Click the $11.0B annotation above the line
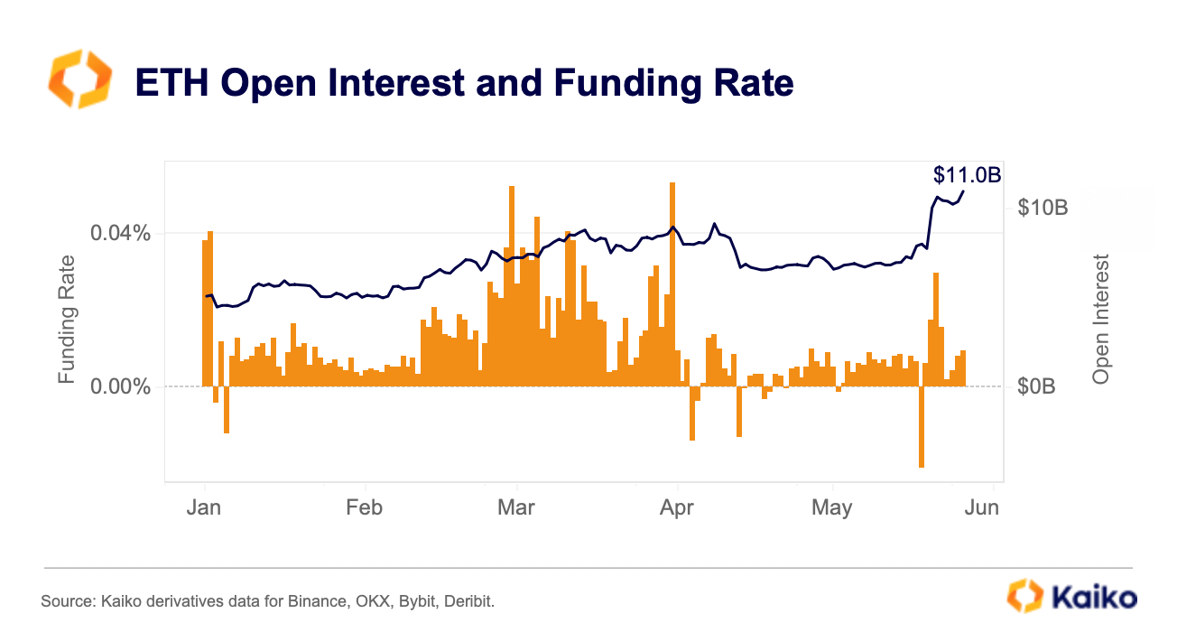967,175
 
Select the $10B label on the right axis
1043,208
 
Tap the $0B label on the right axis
1036,386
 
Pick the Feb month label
364,507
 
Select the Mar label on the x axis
515,507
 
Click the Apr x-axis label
676,507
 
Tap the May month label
831,507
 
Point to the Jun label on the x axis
981,507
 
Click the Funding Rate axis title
67,318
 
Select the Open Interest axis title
1100,318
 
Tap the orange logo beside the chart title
79,80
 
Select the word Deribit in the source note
472,600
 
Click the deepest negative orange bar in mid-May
922,426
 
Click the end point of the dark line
963,191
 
